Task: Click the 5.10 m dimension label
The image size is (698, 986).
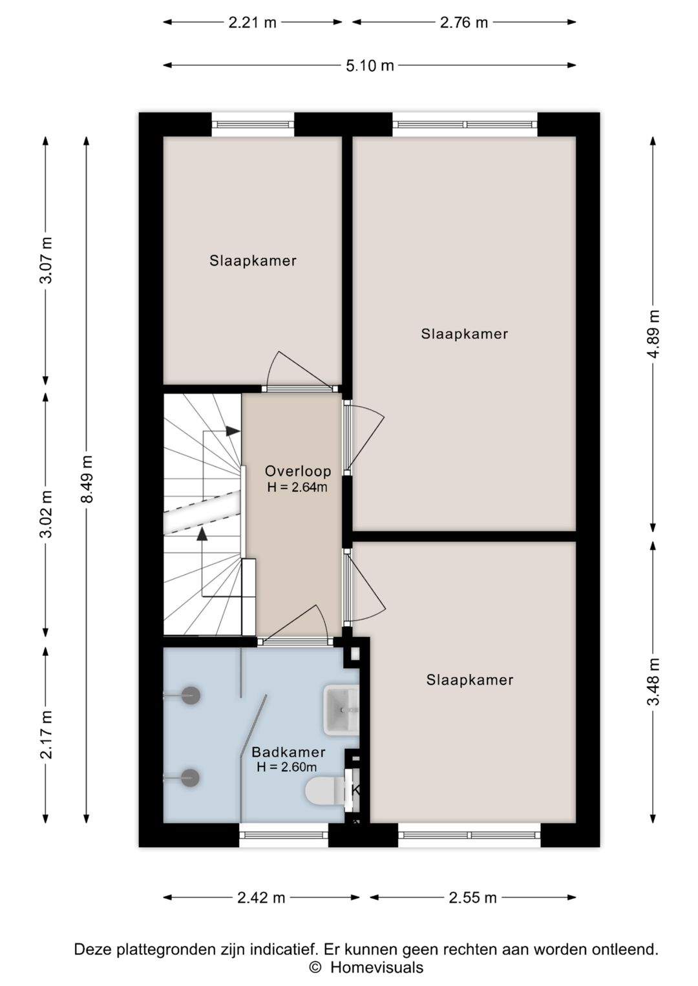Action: (x=370, y=66)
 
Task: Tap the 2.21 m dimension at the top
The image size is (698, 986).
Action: (x=252, y=23)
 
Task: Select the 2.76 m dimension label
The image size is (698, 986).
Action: (x=464, y=23)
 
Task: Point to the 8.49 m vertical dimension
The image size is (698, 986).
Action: (x=87, y=479)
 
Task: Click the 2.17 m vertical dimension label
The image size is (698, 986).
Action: (x=46, y=735)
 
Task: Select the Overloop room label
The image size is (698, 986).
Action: (x=298, y=472)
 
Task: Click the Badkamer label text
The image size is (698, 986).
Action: (x=288, y=752)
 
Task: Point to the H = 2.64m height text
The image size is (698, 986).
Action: (x=297, y=487)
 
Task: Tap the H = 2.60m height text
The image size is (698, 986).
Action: (x=287, y=767)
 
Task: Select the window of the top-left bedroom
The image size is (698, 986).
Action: (x=253, y=125)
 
